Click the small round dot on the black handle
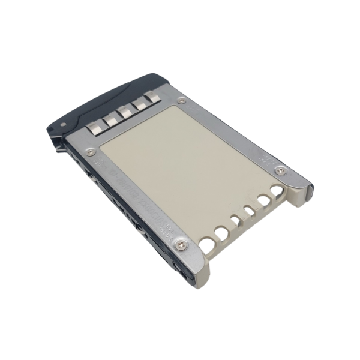64,125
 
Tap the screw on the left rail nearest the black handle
90,152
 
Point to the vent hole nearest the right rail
277,191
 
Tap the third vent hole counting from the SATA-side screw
236,219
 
